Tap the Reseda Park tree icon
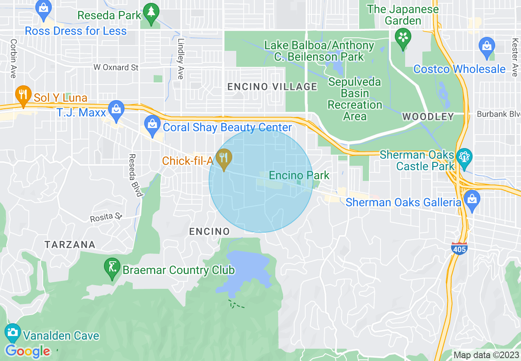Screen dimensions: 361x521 152,14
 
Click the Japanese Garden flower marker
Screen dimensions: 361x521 403,38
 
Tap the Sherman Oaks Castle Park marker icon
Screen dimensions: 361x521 464,158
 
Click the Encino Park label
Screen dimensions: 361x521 299,176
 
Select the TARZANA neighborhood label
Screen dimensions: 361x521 70,245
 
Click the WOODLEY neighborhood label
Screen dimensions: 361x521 428,117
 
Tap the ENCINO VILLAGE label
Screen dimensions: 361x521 272,87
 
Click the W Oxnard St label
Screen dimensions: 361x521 116,67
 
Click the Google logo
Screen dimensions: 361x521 28,352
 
